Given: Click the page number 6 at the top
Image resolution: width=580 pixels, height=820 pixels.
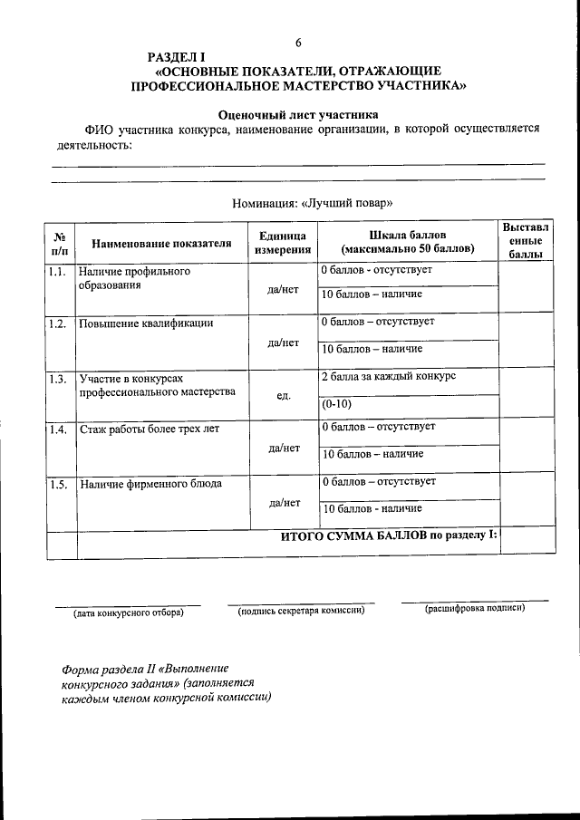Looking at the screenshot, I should coord(297,43).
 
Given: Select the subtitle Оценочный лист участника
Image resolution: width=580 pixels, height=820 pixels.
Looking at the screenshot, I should coord(298,114).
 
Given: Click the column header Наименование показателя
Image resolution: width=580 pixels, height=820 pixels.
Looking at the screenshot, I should coord(161,243).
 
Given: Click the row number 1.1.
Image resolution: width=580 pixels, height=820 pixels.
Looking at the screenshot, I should coord(57,272).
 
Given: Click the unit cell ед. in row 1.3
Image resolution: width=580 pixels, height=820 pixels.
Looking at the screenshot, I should coord(284,396).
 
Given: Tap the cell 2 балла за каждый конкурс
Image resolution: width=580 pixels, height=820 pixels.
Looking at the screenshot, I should coord(388,375).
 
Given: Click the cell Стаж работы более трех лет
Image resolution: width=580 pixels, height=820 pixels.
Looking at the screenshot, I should coord(150,429).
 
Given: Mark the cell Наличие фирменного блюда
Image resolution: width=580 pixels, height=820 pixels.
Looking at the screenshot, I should coord(150,483).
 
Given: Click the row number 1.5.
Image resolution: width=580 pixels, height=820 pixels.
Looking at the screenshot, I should coord(58,483).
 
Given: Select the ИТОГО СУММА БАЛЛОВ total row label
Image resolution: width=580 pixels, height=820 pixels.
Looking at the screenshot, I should coord(388,535).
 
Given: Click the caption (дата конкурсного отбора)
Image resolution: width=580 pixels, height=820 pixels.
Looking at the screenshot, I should coord(128,613).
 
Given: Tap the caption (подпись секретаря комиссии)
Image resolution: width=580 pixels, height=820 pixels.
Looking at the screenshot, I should coord(301,610).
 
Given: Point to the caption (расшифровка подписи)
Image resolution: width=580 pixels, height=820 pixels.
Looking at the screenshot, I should coord(475,609).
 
